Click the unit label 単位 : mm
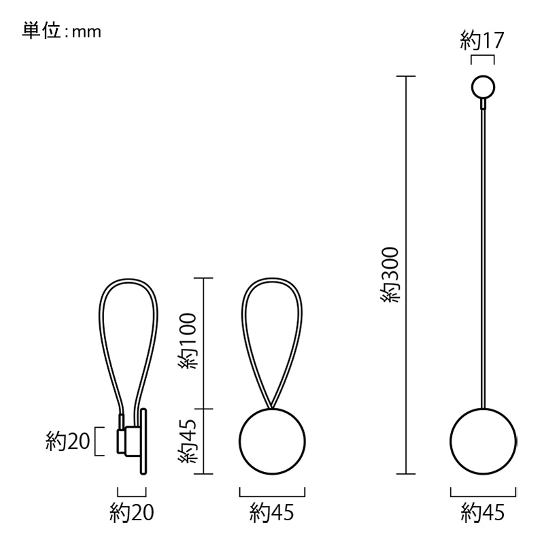pyautogui.click(x=61, y=31)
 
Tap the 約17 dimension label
pyautogui.click(x=481, y=41)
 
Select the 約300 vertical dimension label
pyautogui.click(x=392, y=275)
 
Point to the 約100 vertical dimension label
pyautogui.click(x=188, y=341)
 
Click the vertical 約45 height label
pyautogui.click(x=188, y=441)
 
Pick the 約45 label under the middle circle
pyautogui.click(x=271, y=513)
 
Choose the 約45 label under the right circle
pyautogui.click(x=483, y=513)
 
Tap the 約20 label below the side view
pyautogui.click(x=131, y=513)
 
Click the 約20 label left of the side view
pyautogui.click(x=67, y=441)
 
